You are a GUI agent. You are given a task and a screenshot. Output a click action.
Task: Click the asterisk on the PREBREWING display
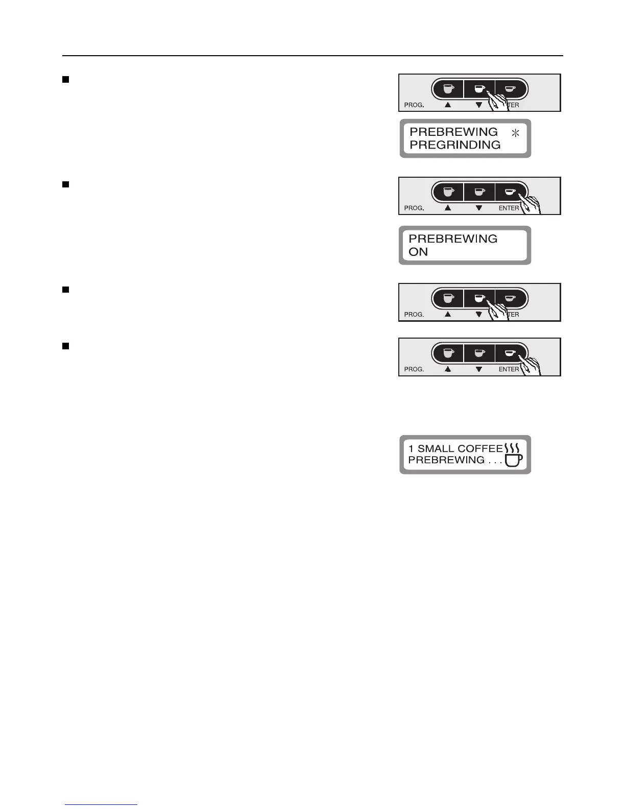(x=515, y=133)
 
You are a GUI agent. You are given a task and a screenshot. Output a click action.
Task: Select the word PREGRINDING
(x=454, y=145)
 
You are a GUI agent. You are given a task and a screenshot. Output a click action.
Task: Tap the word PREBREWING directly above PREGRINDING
(x=453, y=132)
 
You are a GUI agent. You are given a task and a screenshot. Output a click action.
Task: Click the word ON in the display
(x=418, y=252)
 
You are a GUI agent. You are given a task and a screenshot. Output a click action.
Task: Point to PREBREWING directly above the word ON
(x=453, y=239)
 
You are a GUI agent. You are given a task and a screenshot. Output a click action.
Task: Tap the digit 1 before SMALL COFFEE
(x=411, y=448)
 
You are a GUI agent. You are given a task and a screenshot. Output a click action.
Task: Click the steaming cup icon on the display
(x=513, y=455)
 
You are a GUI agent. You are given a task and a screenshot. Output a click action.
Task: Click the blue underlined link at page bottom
(x=101, y=805)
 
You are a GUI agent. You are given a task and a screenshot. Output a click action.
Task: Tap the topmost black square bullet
(x=65, y=79)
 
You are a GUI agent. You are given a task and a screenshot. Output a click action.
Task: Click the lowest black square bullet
(x=65, y=346)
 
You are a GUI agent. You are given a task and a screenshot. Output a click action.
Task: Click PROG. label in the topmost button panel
(x=414, y=105)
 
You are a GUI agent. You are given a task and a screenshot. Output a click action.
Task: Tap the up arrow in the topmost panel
(x=448, y=105)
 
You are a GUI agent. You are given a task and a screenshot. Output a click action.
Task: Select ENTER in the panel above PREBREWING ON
(x=509, y=208)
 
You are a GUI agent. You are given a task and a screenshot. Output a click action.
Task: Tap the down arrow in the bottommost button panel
(x=478, y=369)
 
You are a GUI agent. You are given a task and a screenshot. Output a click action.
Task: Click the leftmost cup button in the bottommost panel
(x=448, y=352)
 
